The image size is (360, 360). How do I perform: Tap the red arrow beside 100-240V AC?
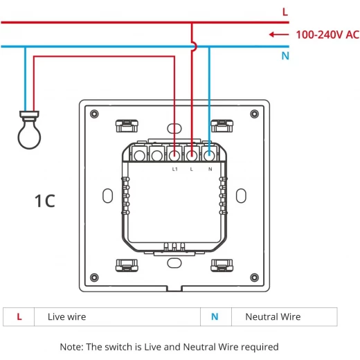[x=279, y=35]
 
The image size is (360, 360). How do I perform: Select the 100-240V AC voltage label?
[x=327, y=35]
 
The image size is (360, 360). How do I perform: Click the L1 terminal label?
[x=175, y=169]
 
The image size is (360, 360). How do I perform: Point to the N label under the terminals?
[x=210, y=169]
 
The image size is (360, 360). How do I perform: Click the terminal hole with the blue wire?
[x=209, y=156]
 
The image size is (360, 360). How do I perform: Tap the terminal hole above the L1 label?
[x=174, y=156]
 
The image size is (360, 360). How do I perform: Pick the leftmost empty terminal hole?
[x=139, y=156]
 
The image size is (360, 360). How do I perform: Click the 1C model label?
[x=45, y=201]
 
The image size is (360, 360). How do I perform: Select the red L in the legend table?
[x=19, y=316]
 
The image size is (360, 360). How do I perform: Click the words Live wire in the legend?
[x=67, y=317]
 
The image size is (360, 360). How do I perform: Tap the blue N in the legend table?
[x=215, y=316]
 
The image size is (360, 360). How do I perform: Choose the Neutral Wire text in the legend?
[x=273, y=317]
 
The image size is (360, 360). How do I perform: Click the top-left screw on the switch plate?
[x=94, y=114]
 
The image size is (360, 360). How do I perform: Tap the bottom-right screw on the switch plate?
[x=255, y=278]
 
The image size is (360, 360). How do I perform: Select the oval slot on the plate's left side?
[x=107, y=196]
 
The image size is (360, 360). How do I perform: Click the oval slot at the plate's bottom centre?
[x=174, y=263]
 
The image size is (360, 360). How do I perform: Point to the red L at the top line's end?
[x=285, y=12]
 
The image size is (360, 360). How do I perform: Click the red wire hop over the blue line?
[x=195, y=46]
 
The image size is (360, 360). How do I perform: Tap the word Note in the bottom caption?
[x=71, y=347]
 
